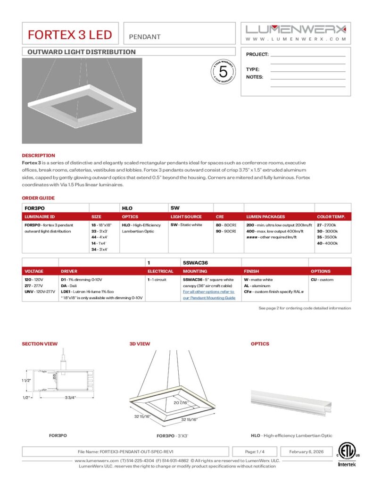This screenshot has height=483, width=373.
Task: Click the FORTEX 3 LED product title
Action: point(70,35)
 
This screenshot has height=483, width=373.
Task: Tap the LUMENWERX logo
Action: point(296,29)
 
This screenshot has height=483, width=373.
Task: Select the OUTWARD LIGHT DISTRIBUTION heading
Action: point(82,52)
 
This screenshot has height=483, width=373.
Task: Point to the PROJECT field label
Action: point(257,55)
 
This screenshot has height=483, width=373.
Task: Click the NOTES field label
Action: point(255,77)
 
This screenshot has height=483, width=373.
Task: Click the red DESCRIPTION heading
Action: point(38,155)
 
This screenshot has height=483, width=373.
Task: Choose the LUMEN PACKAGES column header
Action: point(265,217)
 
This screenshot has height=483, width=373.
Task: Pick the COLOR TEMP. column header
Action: point(331,217)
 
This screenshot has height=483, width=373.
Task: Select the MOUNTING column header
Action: point(195,271)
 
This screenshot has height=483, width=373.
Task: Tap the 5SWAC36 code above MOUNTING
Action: point(195,262)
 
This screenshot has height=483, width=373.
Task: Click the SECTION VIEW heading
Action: point(40,344)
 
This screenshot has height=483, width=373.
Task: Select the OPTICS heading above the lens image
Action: point(260,344)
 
